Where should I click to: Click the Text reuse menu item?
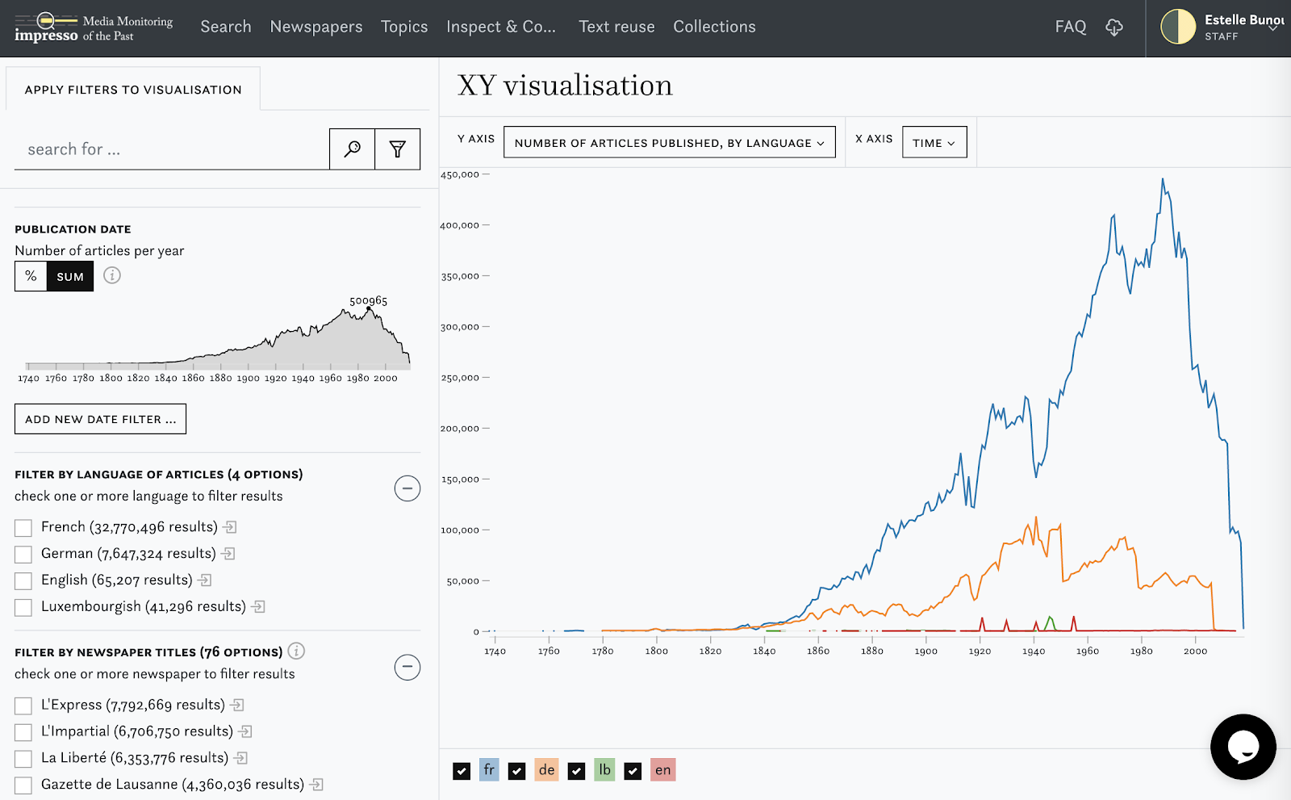pyautogui.click(x=616, y=27)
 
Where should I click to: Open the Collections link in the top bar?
pyautogui.click(x=714, y=27)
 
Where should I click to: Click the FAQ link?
pyautogui.click(x=1070, y=27)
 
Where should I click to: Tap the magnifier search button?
pyautogui.click(x=352, y=149)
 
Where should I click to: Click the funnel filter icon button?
pyautogui.click(x=397, y=149)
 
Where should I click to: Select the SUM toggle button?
pyautogui.click(x=70, y=276)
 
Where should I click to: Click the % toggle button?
pyautogui.click(x=31, y=276)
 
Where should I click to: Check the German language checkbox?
pyautogui.click(x=23, y=554)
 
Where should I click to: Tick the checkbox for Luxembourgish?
pyautogui.click(x=23, y=607)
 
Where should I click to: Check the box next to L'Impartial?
pyautogui.click(x=23, y=732)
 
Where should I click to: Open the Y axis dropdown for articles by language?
pyautogui.click(x=669, y=143)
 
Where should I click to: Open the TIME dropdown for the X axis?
pyautogui.click(x=934, y=143)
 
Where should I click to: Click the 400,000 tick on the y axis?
pyautogui.click(x=460, y=225)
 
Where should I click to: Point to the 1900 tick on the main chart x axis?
pyautogui.click(x=925, y=651)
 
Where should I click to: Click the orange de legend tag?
pyautogui.click(x=546, y=770)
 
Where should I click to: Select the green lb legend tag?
pyautogui.click(x=604, y=770)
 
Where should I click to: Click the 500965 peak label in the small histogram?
pyautogui.click(x=368, y=300)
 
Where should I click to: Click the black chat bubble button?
pyautogui.click(x=1243, y=747)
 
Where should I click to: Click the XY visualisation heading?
pyautogui.click(x=565, y=86)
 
